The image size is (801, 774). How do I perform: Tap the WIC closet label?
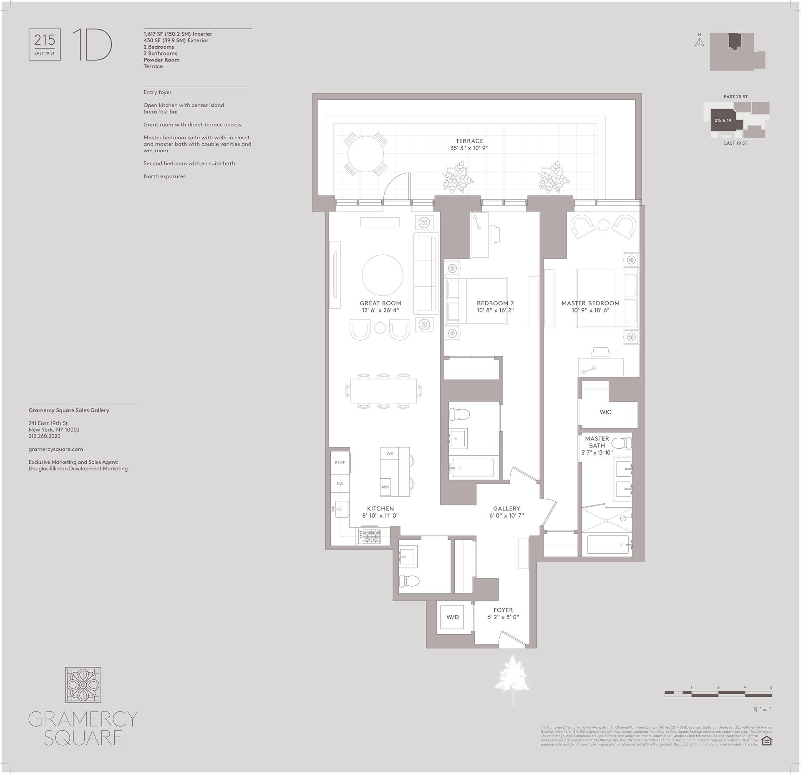[605, 412]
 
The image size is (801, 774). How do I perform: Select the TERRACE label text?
[469, 141]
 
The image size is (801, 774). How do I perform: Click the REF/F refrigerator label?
[340, 462]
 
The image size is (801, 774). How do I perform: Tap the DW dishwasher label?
[340, 484]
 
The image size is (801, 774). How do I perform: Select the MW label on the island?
[385, 487]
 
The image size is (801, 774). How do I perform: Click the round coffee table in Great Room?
[382, 275]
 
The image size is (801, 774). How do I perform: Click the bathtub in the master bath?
[607, 545]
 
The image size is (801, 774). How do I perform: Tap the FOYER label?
[503, 610]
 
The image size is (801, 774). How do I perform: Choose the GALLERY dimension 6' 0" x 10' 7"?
[506, 515]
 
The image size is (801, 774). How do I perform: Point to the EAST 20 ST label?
[736, 97]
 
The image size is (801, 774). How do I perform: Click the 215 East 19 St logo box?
[45, 45]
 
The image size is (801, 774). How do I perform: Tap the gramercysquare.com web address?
[55, 449]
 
